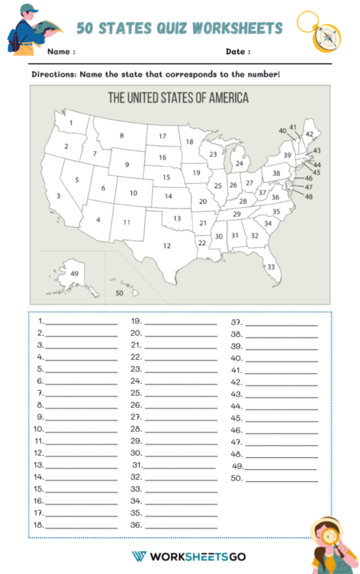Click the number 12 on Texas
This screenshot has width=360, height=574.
coord(166,245)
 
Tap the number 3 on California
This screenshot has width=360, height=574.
coord(58,196)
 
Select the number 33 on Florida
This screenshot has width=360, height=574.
coord(271,266)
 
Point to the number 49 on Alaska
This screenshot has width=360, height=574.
coord(74,273)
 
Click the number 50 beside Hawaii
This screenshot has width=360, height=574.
coord(119,293)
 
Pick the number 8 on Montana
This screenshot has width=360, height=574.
coord(122,135)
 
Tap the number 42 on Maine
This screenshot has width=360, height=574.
coord(309,134)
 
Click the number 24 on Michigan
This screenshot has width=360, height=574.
coord(238,163)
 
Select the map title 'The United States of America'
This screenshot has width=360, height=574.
coord(178,98)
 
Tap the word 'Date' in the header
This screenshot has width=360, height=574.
coord(237,52)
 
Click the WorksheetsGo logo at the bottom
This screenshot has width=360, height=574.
coord(188,556)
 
